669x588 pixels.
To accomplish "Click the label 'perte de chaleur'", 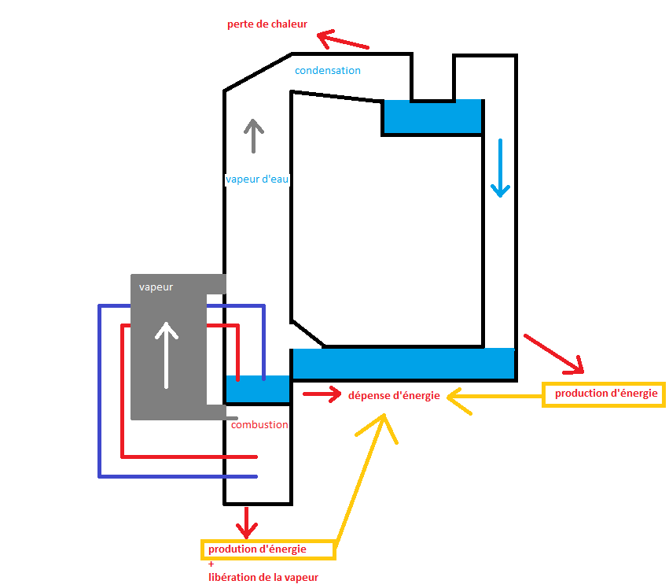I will [266, 24].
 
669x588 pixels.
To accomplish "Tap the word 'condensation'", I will [327, 71].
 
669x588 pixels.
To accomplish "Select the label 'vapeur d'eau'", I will [257, 179].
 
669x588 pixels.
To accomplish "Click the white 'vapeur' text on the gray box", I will [156, 287].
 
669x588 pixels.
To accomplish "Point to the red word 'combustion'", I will [259, 425].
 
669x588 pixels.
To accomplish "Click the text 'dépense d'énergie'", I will [394, 395].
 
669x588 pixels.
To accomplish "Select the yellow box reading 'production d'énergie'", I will [604, 394].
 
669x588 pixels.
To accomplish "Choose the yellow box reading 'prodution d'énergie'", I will [268, 549].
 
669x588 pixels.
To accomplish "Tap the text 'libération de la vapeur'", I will [263, 578].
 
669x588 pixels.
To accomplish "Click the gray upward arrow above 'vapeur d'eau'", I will [252, 135].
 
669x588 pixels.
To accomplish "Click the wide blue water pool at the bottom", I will [403, 364].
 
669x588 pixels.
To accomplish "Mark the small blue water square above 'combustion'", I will [257, 389].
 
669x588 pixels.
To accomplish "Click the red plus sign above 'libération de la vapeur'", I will [211, 564].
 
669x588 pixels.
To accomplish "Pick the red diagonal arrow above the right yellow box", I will [554, 353].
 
